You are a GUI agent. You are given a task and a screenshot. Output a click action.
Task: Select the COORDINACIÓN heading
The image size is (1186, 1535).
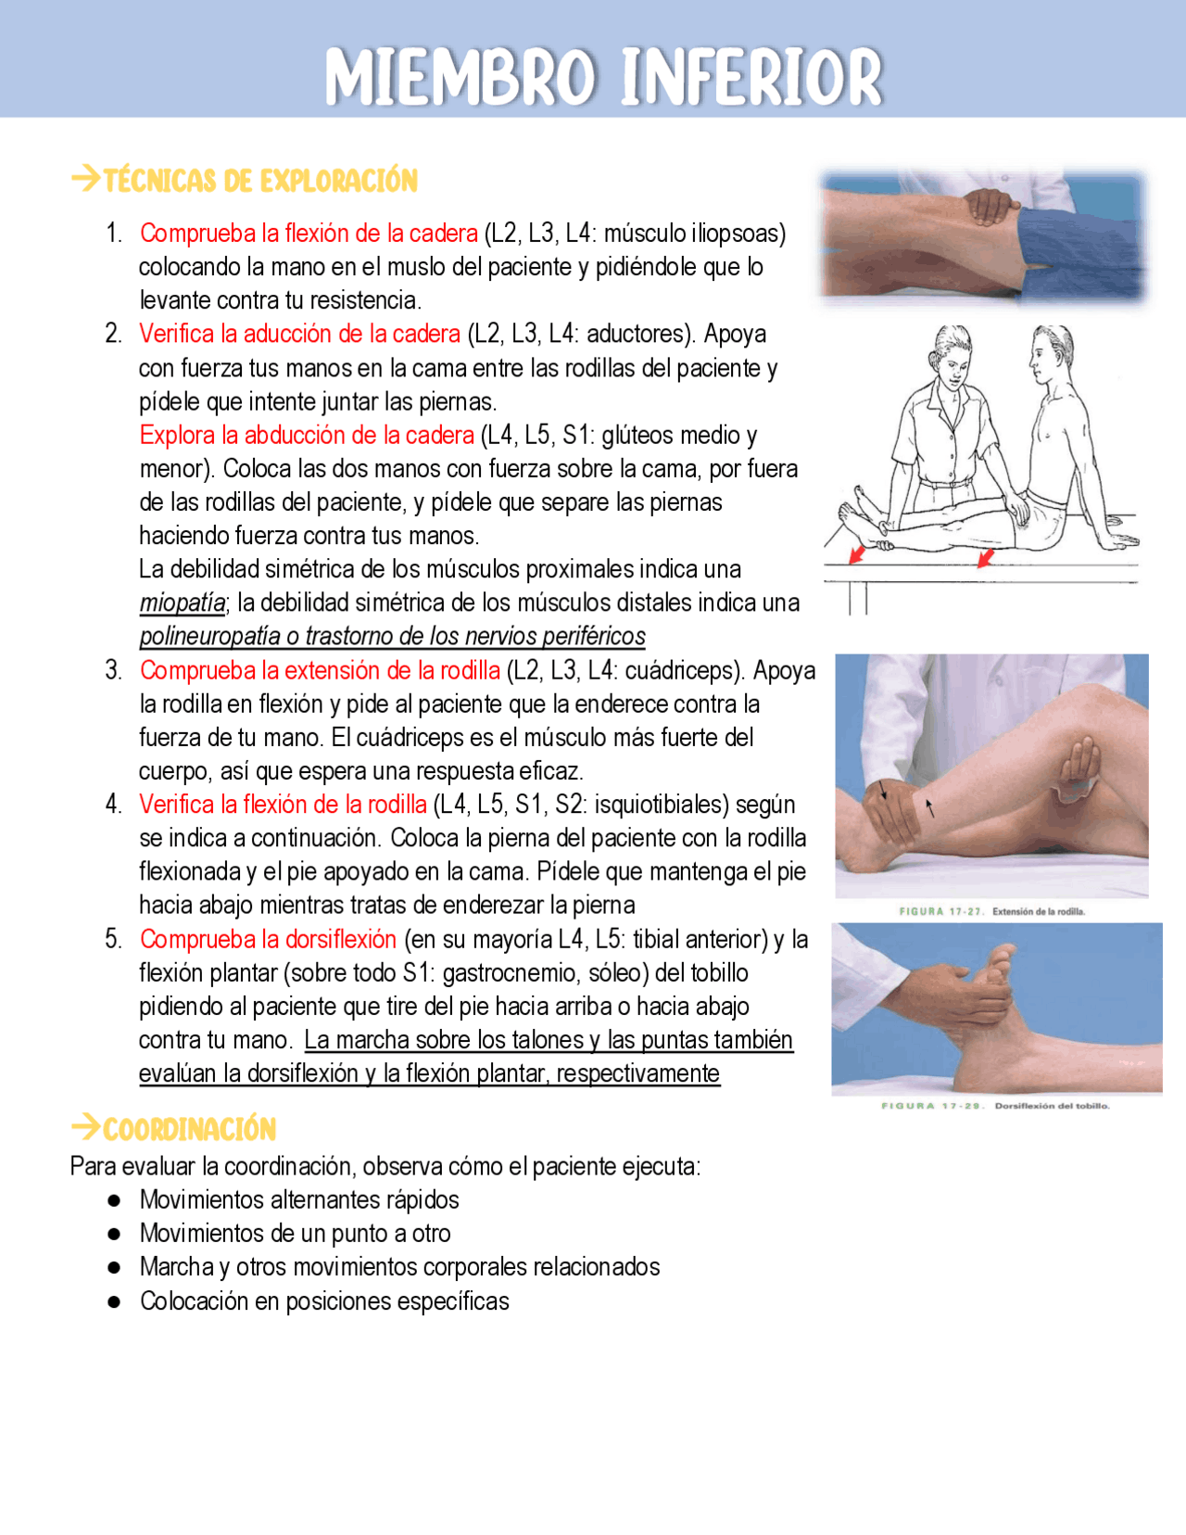click(x=189, y=1129)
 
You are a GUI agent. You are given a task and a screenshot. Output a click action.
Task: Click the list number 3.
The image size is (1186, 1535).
click(x=113, y=670)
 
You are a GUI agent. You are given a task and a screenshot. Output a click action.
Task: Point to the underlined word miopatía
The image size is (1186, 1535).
click(x=182, y=603)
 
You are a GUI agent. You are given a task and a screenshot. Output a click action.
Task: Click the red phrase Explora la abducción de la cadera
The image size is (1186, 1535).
click(x=307, y=435)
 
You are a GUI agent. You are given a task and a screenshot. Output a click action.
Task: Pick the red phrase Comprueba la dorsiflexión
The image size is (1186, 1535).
click(x=268, y=939)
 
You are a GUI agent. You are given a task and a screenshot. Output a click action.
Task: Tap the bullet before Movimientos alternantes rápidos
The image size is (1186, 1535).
click(x=114, y=1200)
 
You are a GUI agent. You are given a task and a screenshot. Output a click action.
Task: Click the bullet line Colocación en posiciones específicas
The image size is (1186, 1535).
click(x=324, y=1300)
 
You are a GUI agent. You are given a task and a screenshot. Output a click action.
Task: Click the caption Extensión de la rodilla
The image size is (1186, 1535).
click(x=1037, y=911)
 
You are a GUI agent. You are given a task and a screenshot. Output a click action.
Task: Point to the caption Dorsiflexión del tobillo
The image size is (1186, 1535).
click(x=1051, y=1105)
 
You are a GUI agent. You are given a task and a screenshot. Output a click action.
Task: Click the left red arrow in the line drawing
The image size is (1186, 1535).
click(x=857, y=554)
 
